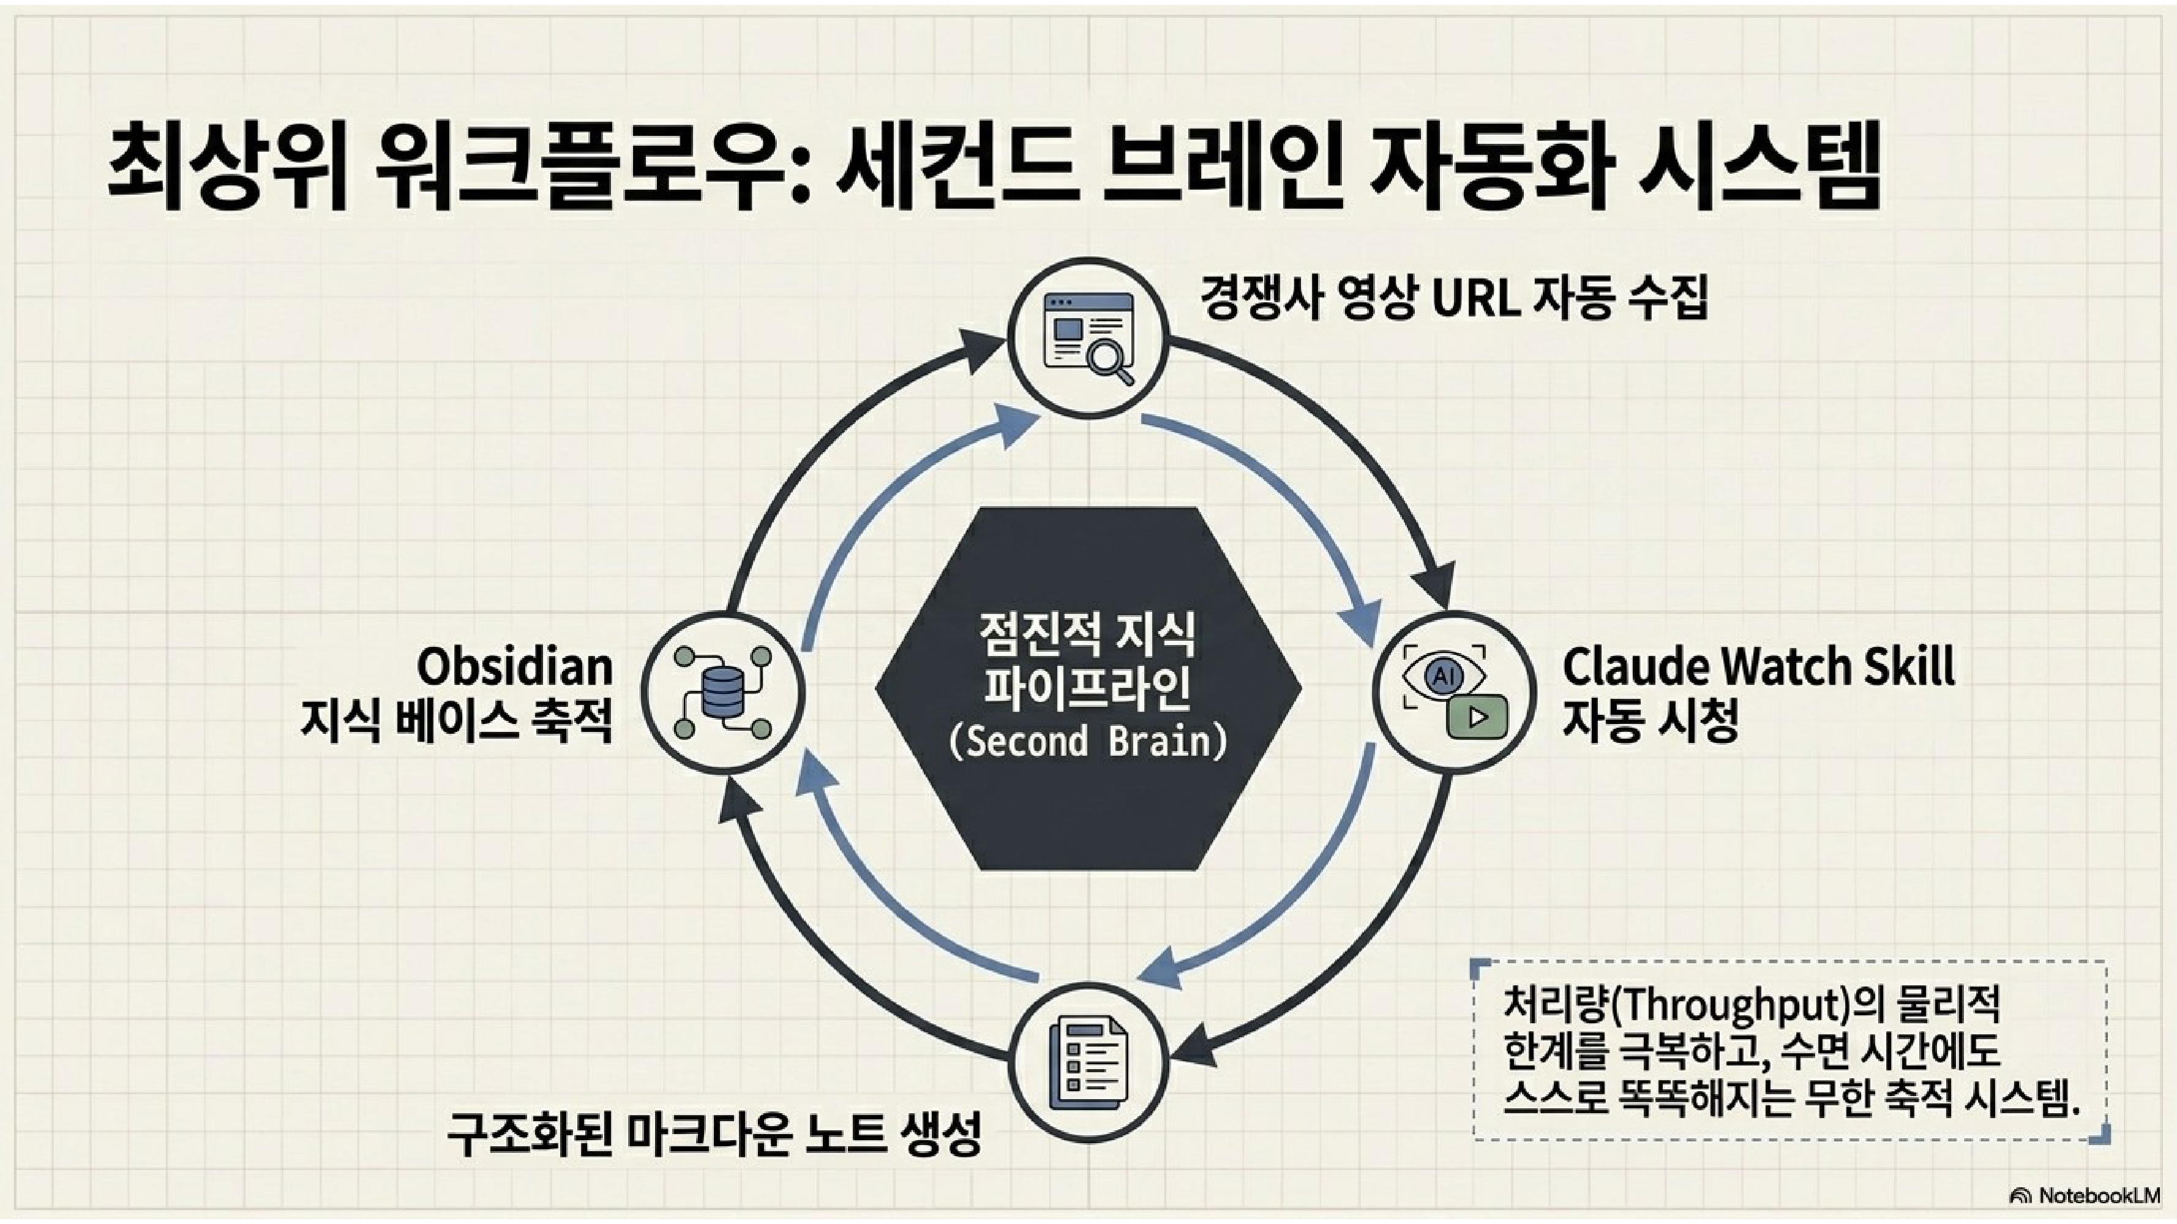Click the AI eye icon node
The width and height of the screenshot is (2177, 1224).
(x=1453, y=692)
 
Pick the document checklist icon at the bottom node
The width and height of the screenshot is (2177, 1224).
(x=1088, y=1062)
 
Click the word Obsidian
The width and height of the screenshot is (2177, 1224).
(x=515, y=666)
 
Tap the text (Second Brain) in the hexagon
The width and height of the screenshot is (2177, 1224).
(x=1088, y=742)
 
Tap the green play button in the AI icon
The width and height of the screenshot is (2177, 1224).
(x=1477, y=717)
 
